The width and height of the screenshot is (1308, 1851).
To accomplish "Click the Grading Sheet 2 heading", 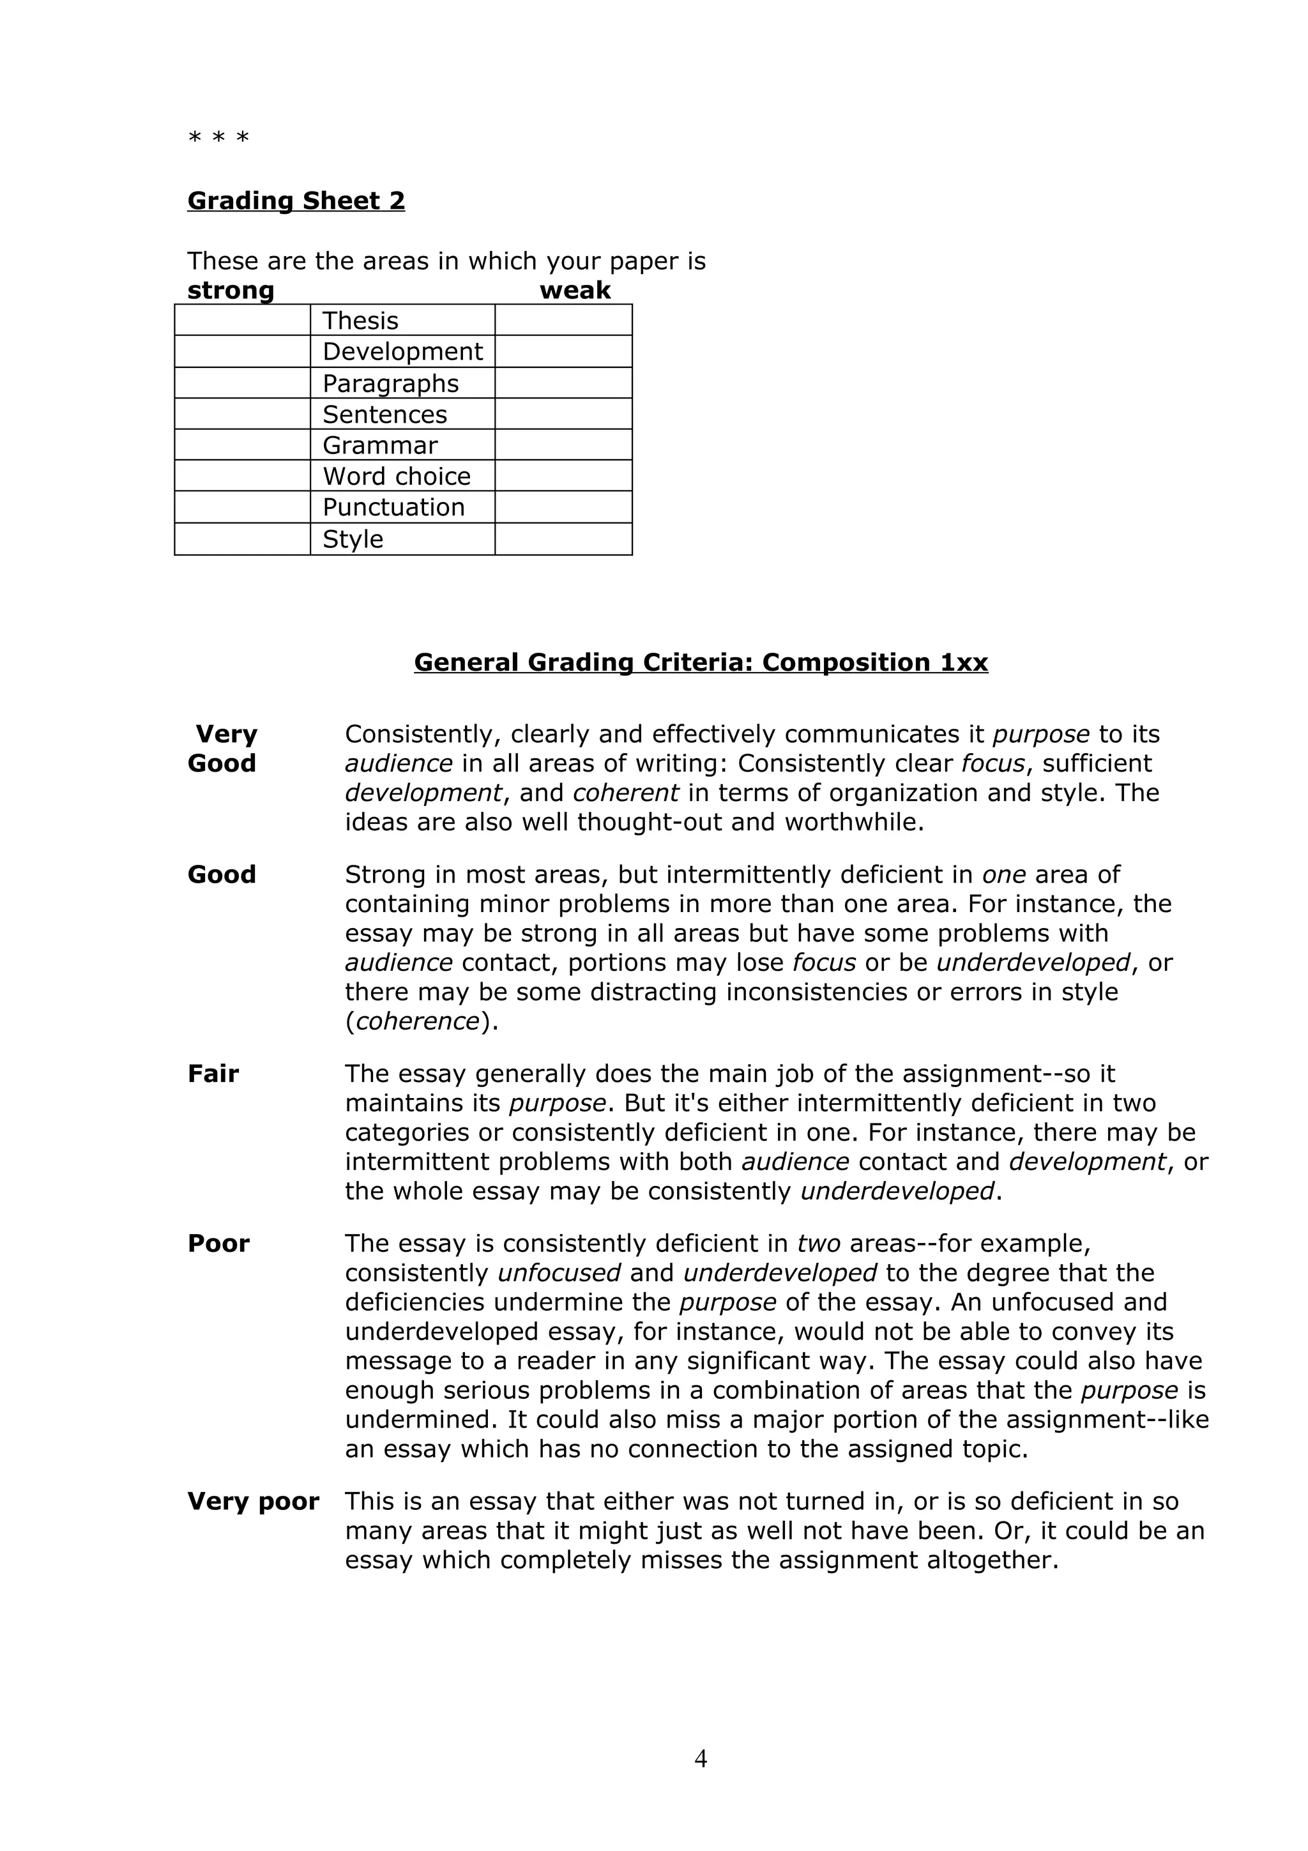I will tap(296, 200).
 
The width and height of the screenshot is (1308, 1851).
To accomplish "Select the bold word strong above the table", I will tap(231, 290).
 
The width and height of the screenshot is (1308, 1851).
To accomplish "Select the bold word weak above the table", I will tap(575, 290).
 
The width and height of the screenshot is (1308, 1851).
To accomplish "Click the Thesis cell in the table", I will tap(360, 321).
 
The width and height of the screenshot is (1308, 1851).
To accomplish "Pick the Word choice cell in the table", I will tap(397, 476).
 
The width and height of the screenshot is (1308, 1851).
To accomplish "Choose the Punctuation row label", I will tap(393, 507).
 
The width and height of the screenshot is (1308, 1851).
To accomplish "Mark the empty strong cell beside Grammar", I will tap(242, 445).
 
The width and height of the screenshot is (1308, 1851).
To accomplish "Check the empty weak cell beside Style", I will tap(563, 539).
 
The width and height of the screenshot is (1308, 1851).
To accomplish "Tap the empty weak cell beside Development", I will tap(563, 351).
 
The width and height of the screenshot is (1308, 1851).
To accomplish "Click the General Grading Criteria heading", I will tap(701, 662).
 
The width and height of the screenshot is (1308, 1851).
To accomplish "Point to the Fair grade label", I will tap(213, 1074).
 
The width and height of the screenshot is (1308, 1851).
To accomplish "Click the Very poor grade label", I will tap(253, 1501).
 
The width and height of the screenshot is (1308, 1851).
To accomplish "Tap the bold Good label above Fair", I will tap(222, 874).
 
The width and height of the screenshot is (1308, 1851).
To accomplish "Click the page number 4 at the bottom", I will tap(701, 1758).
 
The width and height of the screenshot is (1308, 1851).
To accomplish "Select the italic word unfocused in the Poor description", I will tap(558, 1273).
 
